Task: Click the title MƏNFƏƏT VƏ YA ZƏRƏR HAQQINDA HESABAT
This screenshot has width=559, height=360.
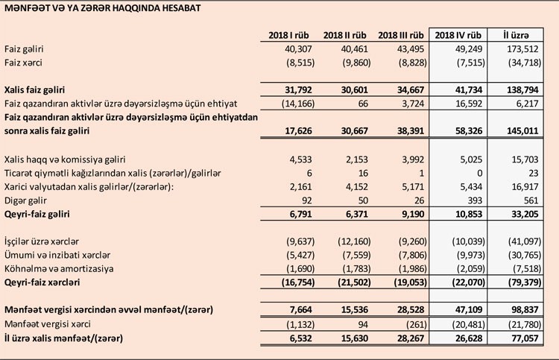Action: click(105, 8)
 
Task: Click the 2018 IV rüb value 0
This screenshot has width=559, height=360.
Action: click(479, 173)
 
